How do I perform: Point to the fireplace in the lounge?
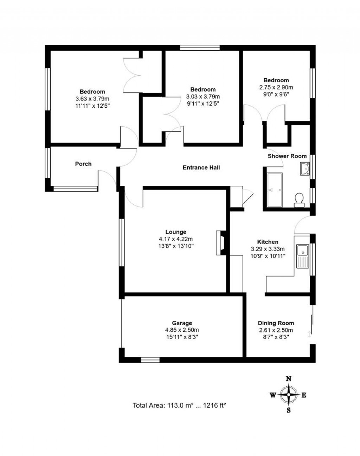pos(221,243)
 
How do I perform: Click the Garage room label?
pos(182,323)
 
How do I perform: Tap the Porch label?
pos(83,164)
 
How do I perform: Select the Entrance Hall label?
pos(201,167)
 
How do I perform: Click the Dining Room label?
pos(276,323)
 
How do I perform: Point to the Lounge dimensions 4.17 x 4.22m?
pos(176,239)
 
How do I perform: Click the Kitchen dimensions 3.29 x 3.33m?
pos(268,249)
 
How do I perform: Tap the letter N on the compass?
pos(289,379)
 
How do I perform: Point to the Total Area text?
pos(179,405)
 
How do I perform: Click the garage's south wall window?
pos(150,360)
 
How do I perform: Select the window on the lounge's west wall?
pos(121,243)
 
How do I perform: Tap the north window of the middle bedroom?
pos(200,48)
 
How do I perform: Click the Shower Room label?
pos(287,156)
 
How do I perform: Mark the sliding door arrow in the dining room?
pos(309,334)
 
